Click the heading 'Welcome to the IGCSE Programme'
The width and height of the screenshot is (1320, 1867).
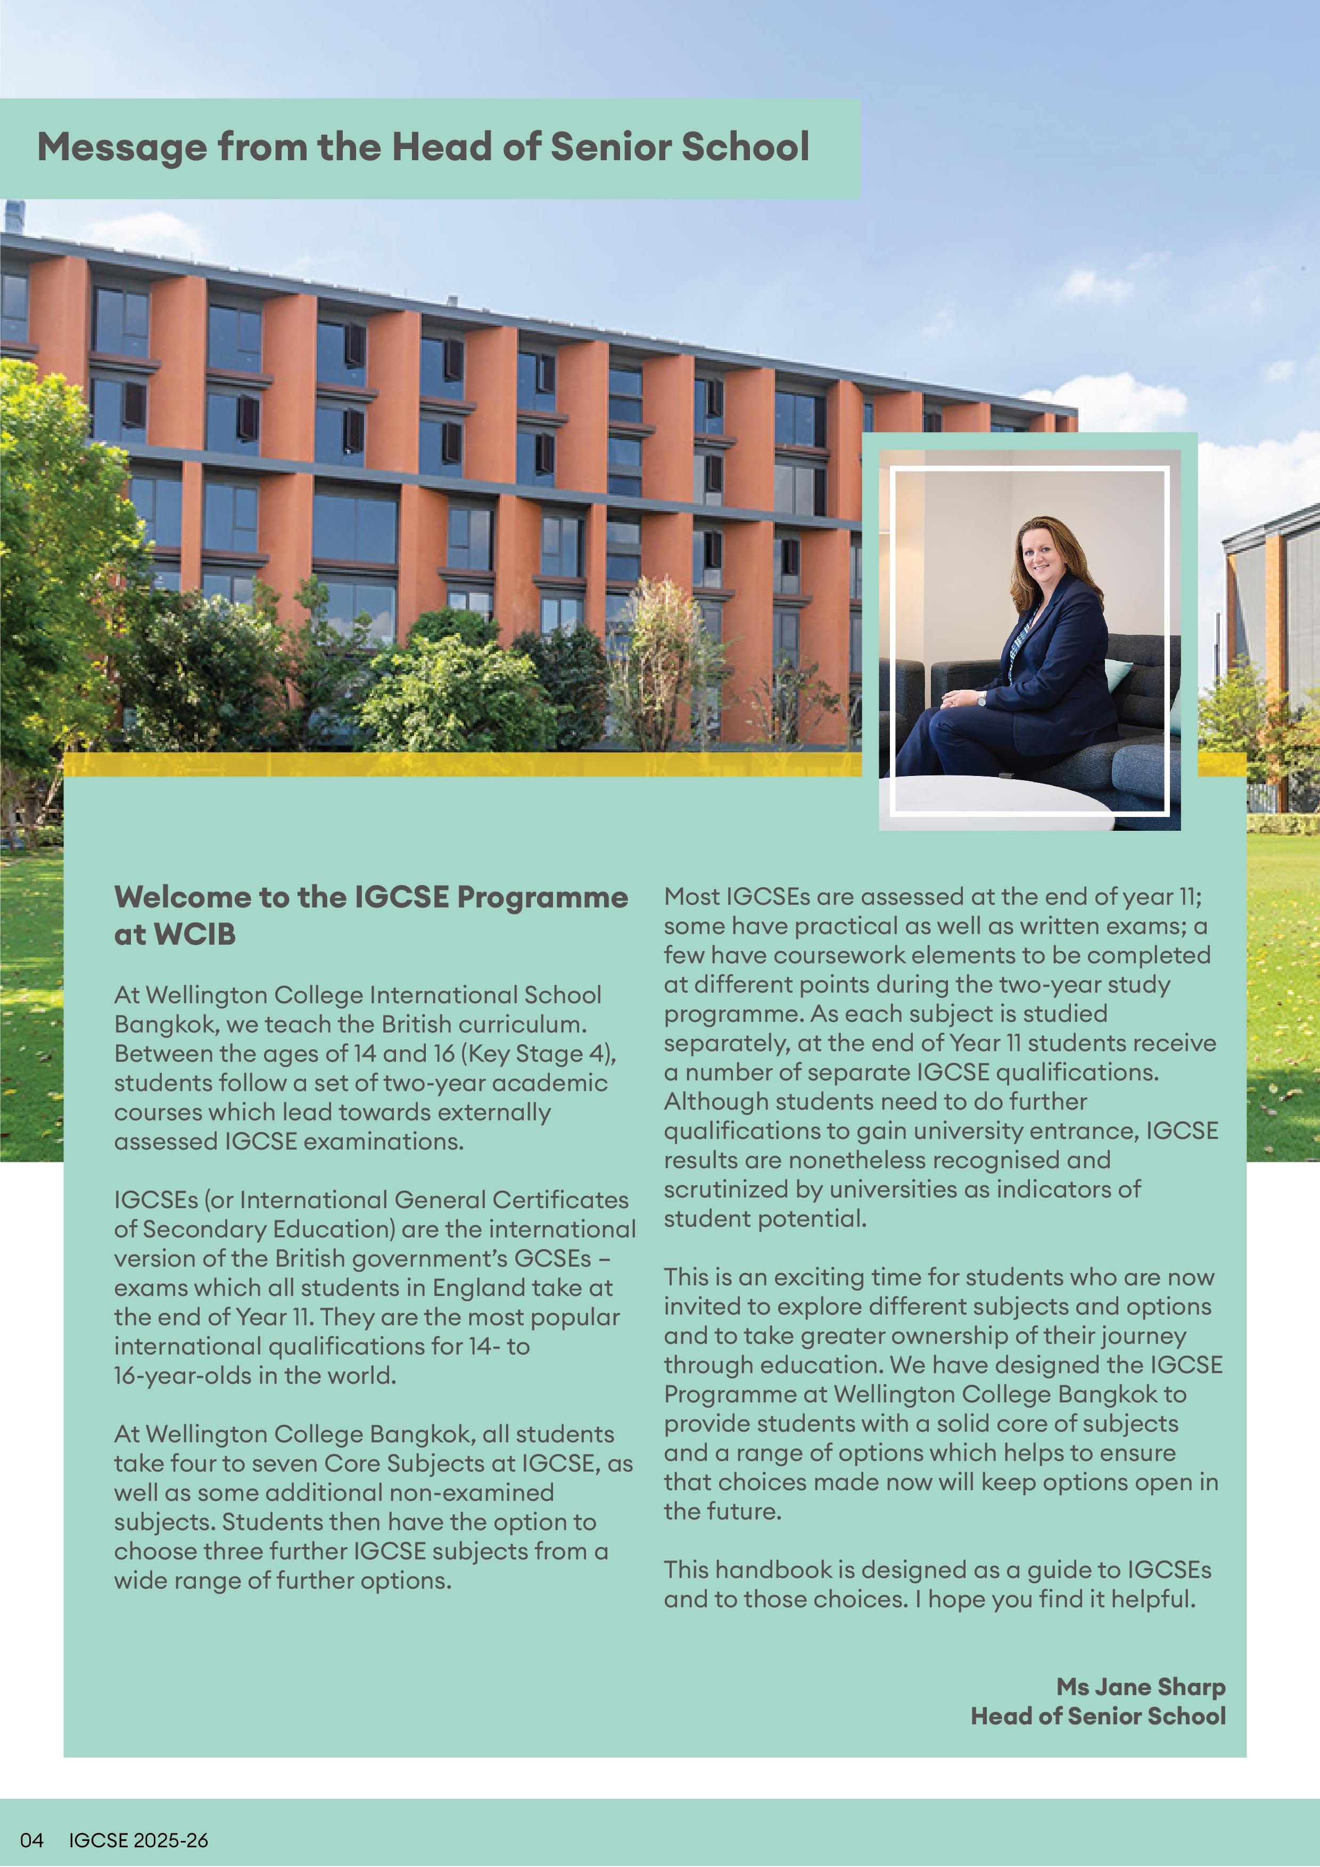click(371, 897)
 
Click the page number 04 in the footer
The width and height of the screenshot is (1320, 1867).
click(32, 1840)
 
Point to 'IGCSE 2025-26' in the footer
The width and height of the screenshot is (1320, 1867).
click(138, 1840)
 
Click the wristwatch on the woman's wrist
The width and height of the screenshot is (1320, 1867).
click(981, 698)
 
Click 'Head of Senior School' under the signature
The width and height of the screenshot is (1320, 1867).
click(1098, 1716)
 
